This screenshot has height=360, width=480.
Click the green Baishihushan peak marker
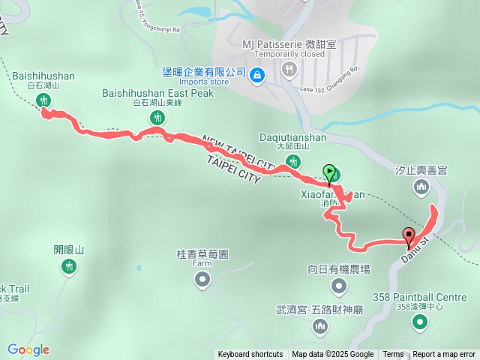pos(42,100)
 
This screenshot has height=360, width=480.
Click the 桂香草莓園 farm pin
pos(202,280)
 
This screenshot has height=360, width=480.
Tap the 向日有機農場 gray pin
pos(338,286)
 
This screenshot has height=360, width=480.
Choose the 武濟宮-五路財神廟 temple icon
pos(321,325)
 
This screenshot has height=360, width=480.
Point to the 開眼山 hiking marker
pos(69,265)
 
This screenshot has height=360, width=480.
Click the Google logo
pos(28,349)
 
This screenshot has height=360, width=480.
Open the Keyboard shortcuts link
pos(250,355)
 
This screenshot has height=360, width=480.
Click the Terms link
pos(393,355)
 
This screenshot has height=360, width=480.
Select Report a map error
pos(444,355)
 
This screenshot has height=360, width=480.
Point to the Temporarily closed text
pos(289,54)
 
